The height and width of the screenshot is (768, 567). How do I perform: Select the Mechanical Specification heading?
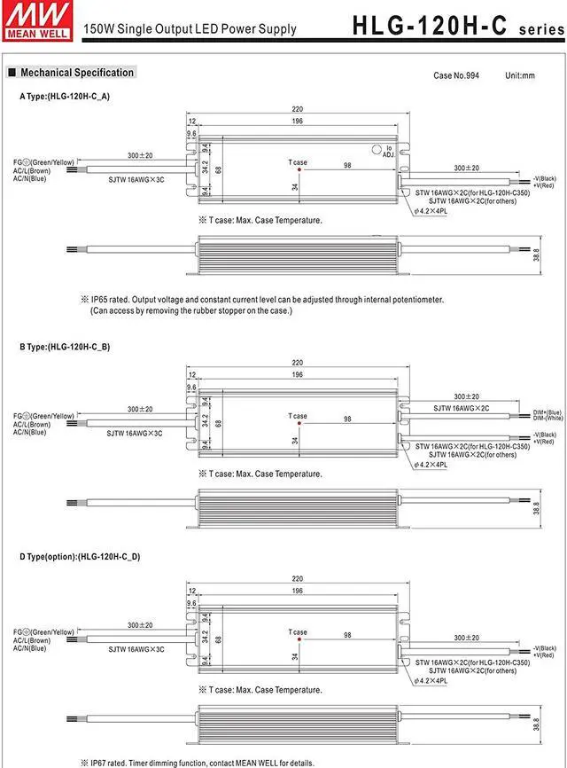pos(77,73)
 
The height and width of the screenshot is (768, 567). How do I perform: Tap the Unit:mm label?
pos(520,75)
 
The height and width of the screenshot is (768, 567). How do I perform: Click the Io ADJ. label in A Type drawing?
pos(387,151)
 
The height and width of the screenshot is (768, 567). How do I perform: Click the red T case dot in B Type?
pos(299,424)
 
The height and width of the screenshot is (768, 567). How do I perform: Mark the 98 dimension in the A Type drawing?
pos(348,166)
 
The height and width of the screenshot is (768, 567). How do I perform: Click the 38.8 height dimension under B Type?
pos(537,508)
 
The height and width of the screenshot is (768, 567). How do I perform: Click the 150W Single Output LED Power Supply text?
pos(190,29)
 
